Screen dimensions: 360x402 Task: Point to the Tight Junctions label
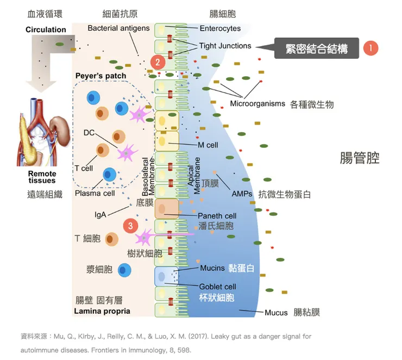(x=225, y=46)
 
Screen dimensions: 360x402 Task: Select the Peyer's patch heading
(x=100, y=76)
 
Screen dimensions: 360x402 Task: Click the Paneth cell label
(x=217, y=216)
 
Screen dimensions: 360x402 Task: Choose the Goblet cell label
(x=217, y=287)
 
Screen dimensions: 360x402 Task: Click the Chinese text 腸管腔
(x=360, y=158)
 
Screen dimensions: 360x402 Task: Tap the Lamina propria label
(x=102, y=312)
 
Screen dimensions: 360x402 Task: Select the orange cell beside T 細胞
(x=111, y=239)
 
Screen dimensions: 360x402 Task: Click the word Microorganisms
(x=257, y=103)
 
